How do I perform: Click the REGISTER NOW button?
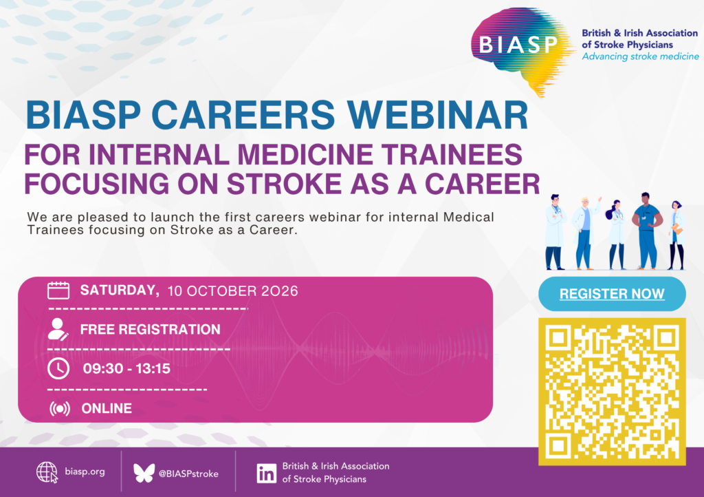pos(612,294)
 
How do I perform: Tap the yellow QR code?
pos(612,392)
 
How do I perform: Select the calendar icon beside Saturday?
pos(58,290)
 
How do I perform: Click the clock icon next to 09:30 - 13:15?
pos(58,368)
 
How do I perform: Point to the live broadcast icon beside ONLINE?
pos(60,408)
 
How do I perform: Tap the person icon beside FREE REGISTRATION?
pos(58,329)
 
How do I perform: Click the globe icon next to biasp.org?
pos(47,472)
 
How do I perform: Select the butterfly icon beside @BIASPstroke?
pos(144,473)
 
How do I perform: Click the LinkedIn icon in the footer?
pos(266,474)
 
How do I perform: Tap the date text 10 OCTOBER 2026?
pos(232,291)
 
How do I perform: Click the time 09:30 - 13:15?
pos(126,369)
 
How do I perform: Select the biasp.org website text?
pos(85,472)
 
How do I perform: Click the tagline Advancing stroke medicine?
pos(640,56)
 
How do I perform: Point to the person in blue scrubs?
pos(646,231)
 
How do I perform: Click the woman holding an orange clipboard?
pos(676,235)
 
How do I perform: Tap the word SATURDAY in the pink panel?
pos(120,290)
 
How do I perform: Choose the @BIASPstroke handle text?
pos(188,474)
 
